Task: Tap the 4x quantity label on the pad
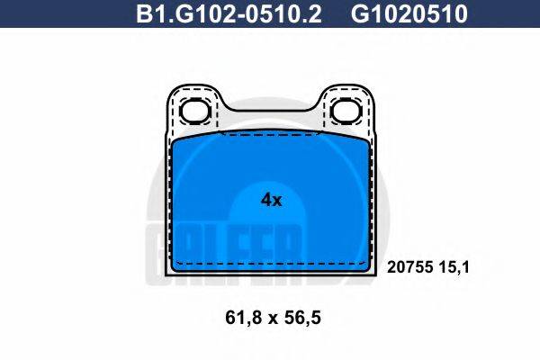pos(271,201)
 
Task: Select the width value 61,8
pos(236,319)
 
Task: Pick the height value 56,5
pos(303,319)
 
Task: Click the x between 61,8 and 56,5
pos(270,319)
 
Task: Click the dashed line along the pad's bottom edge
pos(270,262)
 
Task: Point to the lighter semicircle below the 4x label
pos(270,238)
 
